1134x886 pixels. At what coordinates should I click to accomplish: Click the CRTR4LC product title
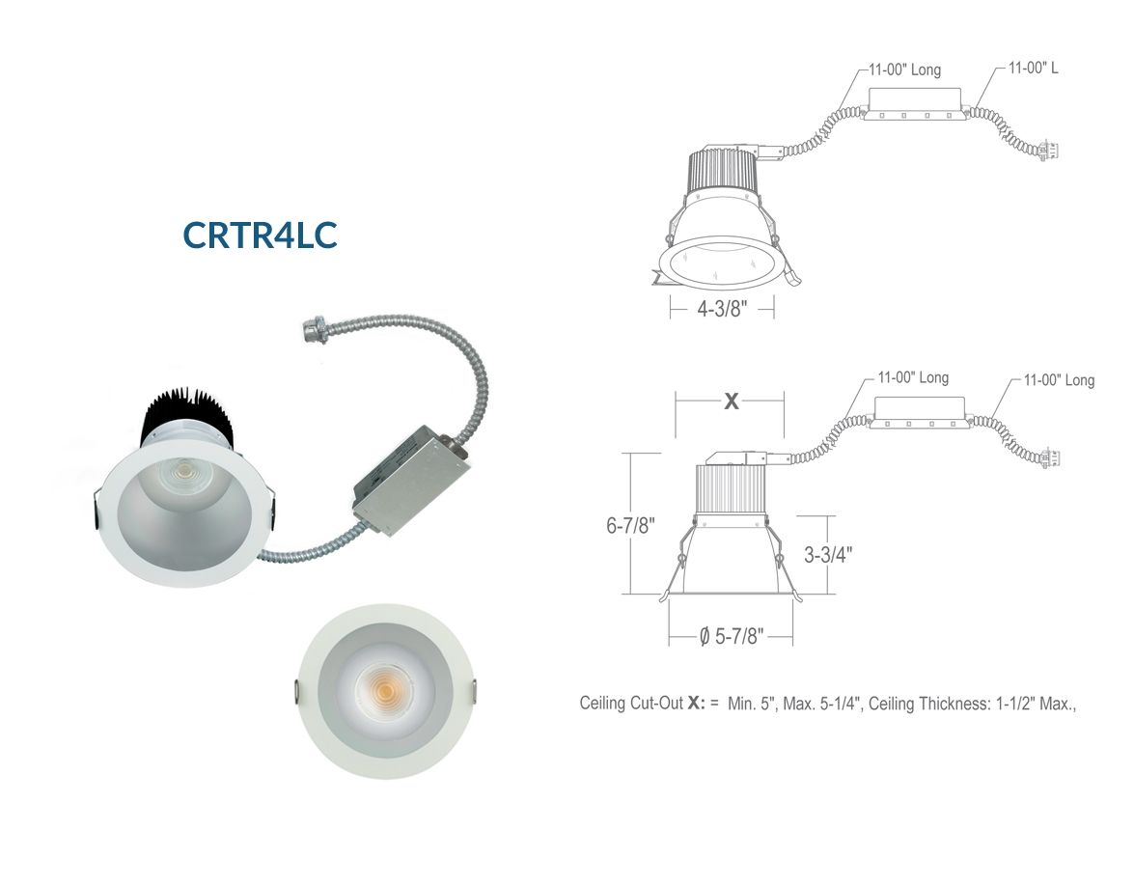point(260,235)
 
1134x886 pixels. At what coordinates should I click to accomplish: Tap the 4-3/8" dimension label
point(722,309)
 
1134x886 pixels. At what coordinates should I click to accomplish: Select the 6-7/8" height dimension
point(630,525)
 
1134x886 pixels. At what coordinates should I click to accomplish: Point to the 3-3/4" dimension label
point(828,555)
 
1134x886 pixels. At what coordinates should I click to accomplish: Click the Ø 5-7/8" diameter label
point(732,636)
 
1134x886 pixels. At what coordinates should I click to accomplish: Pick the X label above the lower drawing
point(732,401)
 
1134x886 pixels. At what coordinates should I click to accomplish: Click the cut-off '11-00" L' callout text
point(1033,68)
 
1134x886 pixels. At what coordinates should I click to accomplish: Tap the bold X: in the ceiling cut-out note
point(696,703)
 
